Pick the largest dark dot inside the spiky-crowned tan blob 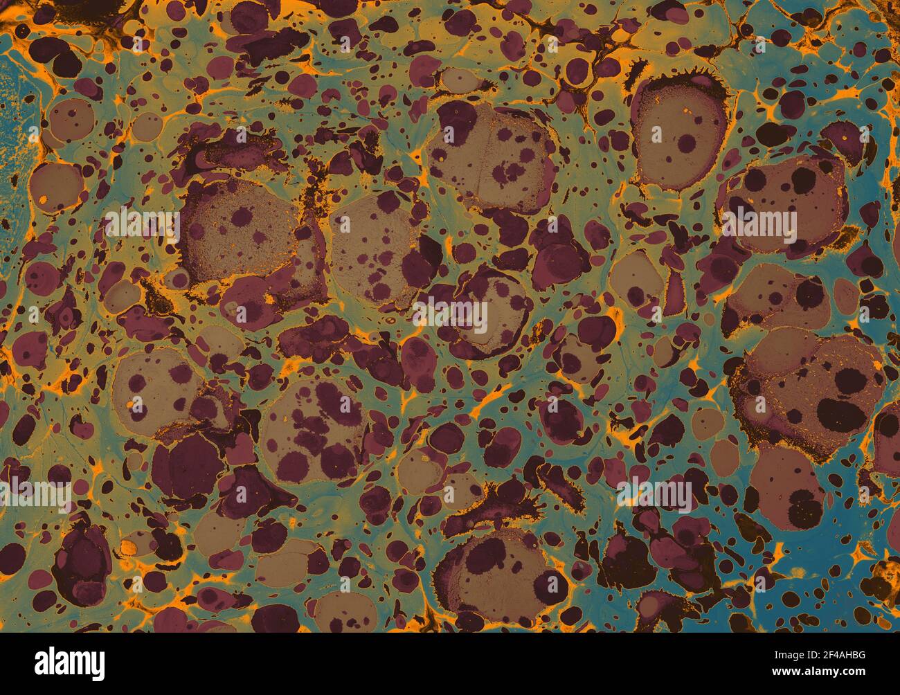coord(687,144)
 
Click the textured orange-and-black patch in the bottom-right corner coord(883,575)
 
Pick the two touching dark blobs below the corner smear coord(55,55)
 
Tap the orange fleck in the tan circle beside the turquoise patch coord(43,201)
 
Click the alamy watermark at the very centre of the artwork coord(450,316)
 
